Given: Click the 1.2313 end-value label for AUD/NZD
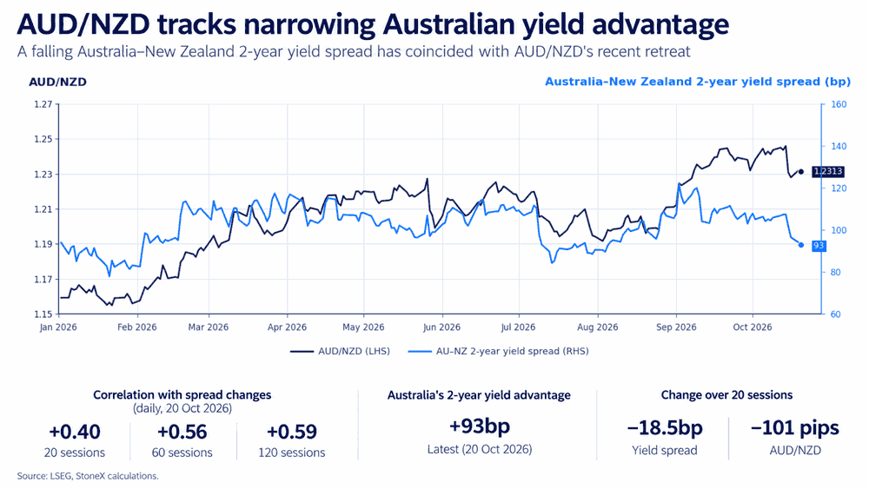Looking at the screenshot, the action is click(x=828, y=172).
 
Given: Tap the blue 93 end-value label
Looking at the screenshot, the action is click(x=819, y=245).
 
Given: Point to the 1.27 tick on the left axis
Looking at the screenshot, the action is click(x=43, y=104).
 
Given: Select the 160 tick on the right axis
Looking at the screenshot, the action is click(x=839, y=104).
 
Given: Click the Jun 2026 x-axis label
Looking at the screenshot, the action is click(x=441, y=327).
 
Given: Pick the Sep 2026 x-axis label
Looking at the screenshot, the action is click(x=676, y=327).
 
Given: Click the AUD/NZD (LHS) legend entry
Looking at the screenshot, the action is click(x=341, y=351).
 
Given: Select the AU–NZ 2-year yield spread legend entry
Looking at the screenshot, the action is click(x=498, y=351).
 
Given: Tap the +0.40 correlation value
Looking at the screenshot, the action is click(x=75, y=432).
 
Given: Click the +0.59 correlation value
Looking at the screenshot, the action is click(x=292, y=432).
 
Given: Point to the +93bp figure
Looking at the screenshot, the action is click(x=480, y=426).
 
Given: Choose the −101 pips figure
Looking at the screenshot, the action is click(x=795, y=428).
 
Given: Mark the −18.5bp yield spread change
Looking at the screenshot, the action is click(x=665, y=428).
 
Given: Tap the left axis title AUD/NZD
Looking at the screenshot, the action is click(x=57, y=82).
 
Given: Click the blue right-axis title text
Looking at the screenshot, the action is click(x=698, y=82).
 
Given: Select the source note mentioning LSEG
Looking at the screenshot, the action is click(x=88, y=476).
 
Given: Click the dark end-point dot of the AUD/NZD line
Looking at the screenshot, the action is click(x=801, y=172).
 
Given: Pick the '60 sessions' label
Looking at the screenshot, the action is click(x=182, y=453).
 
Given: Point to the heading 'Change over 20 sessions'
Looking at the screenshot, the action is click(x=726, y=395).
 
